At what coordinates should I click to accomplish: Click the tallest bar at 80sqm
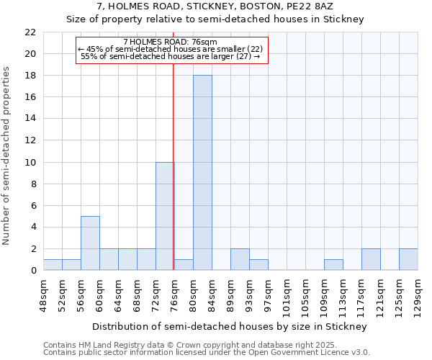pos(202,173)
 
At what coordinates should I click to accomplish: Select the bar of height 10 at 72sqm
pos(165,216)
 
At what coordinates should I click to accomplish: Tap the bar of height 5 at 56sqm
pos(90,243)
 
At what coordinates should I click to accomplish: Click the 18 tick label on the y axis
pos(30,76)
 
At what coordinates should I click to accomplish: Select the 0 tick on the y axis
pos(33,271)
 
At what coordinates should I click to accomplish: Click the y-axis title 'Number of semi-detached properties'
pos(7,156)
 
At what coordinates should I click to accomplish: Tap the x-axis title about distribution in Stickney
pos(230,326)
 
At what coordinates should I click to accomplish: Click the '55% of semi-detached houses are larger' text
pos(170,56)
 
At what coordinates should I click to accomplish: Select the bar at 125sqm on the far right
pos(408,259)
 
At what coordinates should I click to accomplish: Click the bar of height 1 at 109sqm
pos(333,265)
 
